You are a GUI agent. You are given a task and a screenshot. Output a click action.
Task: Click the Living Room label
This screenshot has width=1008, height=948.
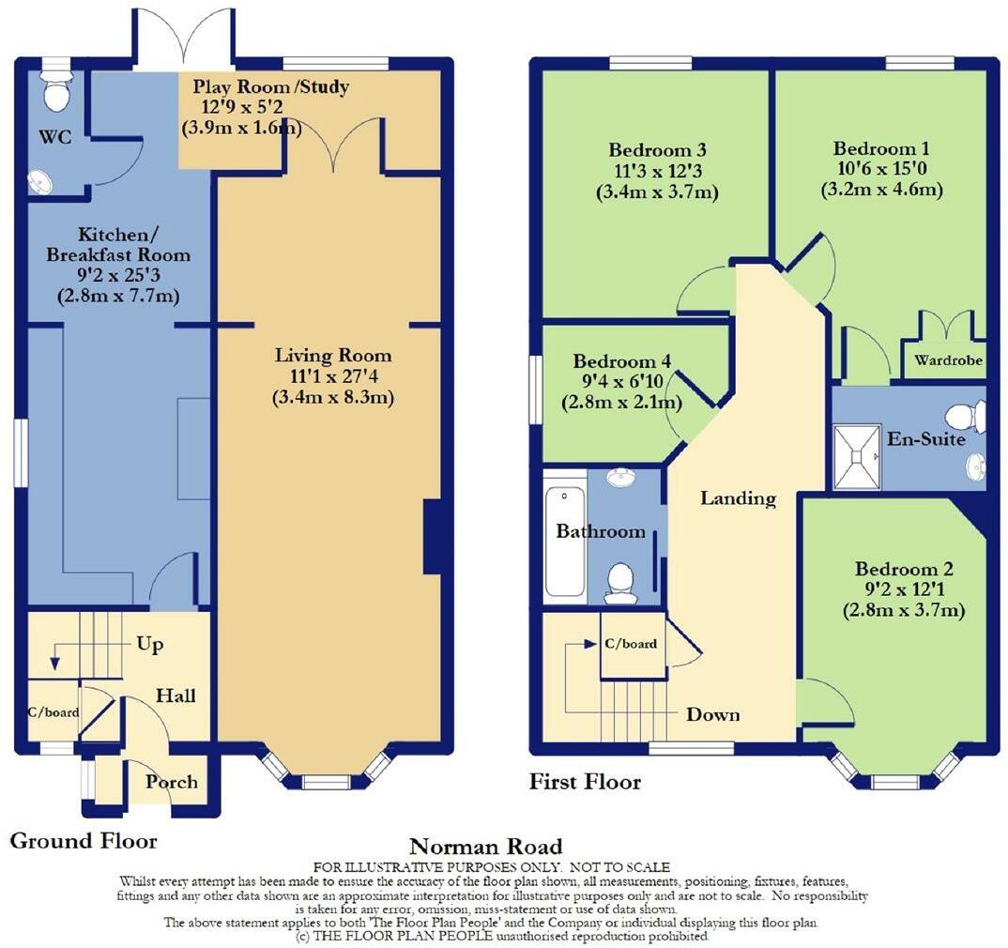coord(333,356)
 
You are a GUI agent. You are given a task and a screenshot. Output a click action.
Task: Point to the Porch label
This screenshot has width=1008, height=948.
coord(172,782)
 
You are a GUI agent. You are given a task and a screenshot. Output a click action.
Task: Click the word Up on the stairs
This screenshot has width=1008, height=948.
coord(149,645)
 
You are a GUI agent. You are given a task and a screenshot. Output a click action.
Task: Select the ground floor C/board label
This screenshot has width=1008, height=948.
coord(53,711)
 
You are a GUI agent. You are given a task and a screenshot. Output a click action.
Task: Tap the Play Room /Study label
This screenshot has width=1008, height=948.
coord(271,87)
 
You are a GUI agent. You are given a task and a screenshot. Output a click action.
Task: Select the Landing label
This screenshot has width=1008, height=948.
coord(739,498)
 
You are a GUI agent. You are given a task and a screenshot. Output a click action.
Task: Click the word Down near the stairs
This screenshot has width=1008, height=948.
coord(712,714)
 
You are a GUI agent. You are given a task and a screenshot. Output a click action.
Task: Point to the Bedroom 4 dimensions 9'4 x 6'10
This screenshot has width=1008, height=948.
coord(621,382)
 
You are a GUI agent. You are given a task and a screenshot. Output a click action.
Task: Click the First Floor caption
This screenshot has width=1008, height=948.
coord(585,781)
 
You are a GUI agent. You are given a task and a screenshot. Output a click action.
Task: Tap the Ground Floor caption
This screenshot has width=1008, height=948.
coord(83,840)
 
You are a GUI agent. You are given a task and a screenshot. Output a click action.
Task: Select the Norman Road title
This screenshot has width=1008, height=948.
coord(486,848)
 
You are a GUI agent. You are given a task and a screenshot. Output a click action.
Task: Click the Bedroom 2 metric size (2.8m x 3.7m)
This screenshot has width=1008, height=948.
coord(904,611)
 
